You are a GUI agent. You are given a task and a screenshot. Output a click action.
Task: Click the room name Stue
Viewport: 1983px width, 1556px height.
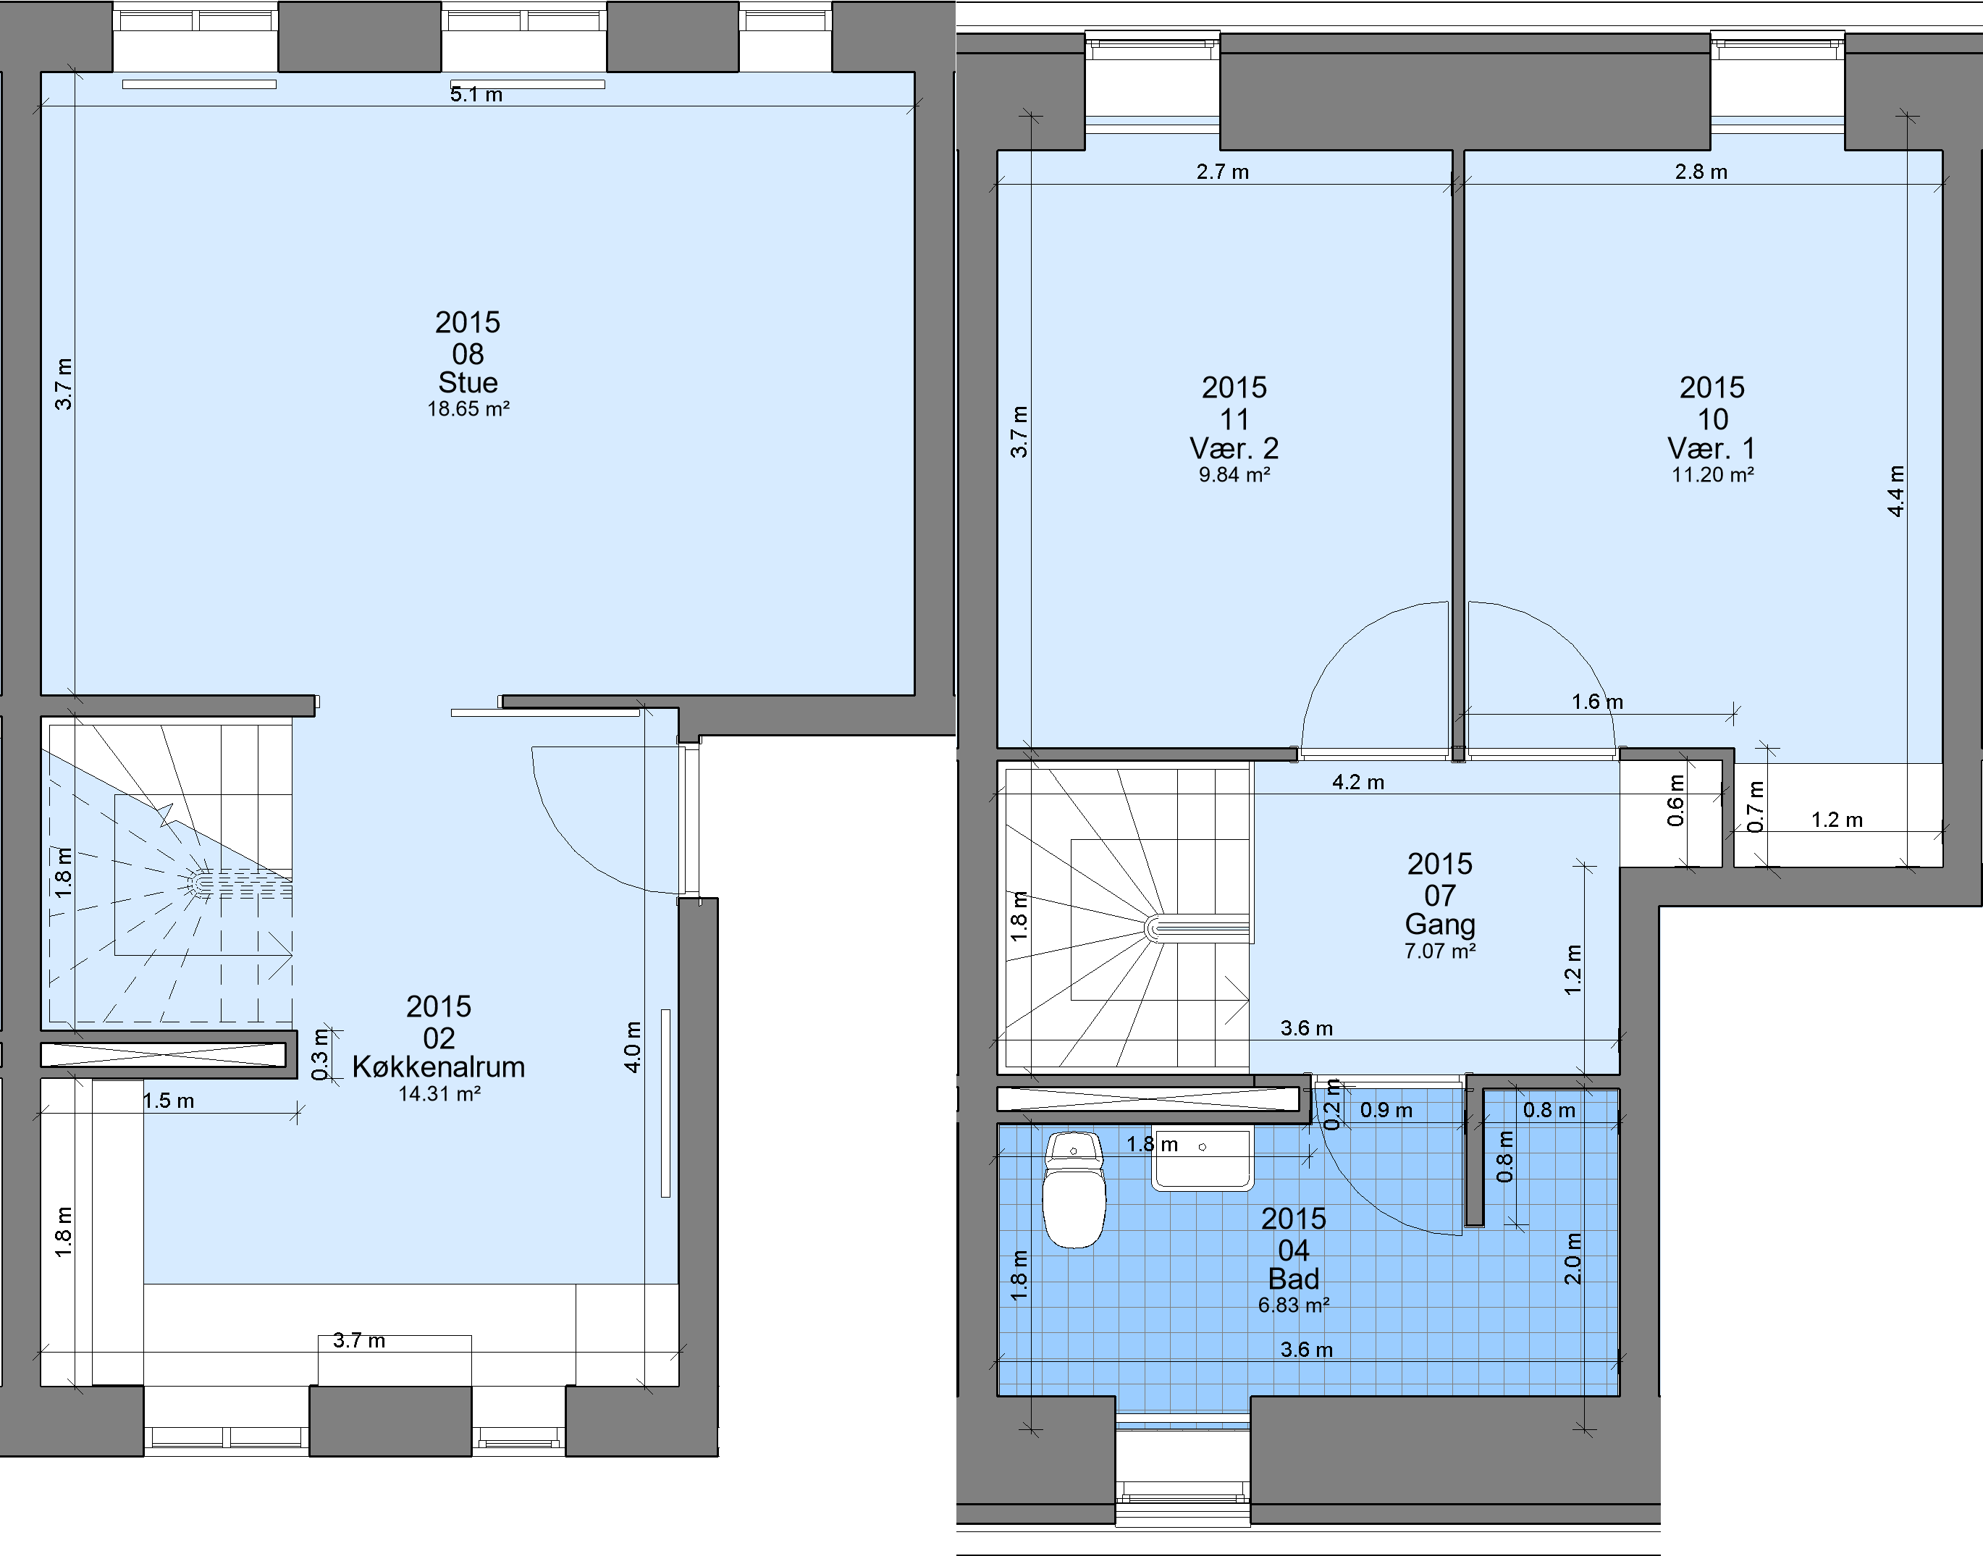coord(468,382)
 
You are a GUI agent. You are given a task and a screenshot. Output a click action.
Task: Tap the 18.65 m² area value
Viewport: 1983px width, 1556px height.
coord(468,409)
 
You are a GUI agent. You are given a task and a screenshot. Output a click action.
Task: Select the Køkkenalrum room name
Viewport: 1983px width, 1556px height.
coord(439,1067)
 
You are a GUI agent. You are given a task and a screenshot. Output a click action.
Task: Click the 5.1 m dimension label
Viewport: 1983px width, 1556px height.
coord(476,95)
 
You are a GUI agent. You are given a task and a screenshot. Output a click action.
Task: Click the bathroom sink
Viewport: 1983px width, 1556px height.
coord(1203,1158)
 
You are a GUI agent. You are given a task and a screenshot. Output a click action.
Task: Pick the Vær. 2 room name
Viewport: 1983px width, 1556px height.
coord(1234,448)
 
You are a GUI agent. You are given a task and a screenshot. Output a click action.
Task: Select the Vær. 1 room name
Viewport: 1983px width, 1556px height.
coord(1712,448)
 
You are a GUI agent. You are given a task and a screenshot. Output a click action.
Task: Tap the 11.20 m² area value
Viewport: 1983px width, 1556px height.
coord(1712,475)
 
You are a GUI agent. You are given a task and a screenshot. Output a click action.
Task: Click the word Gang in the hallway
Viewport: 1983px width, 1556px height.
coord(1440,925)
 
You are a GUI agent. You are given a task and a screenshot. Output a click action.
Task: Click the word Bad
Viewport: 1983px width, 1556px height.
coord(1294,1279)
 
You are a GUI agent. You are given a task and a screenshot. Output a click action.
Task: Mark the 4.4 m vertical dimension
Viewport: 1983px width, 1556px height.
coord(1896,491)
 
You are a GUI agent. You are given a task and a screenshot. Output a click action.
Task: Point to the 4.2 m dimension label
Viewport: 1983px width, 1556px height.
coord(1358,783)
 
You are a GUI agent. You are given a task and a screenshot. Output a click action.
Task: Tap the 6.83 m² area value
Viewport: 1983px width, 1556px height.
coord(1294,1305)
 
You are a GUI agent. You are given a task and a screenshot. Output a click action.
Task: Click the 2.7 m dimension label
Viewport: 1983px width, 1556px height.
coord(1222,172)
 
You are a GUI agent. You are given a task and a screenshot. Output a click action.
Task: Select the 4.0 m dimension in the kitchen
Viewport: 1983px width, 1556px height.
coord(633,1047)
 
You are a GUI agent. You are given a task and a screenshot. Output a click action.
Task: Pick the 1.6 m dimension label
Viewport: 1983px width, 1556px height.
coord(1597,702)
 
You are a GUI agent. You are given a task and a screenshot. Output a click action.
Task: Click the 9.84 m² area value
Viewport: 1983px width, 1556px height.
coord(1234,475)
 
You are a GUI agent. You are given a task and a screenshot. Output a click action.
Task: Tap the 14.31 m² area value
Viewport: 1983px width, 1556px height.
coord(439,1094)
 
